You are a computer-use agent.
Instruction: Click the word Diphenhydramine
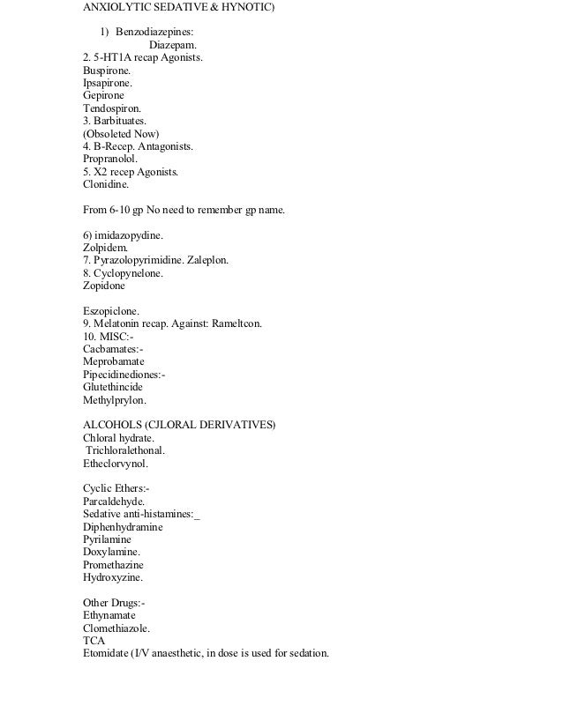pos(123,527)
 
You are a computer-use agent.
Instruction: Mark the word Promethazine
pos(113,565)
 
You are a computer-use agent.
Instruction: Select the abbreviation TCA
pos(94,641)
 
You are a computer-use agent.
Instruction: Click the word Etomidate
pos(107,654)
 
